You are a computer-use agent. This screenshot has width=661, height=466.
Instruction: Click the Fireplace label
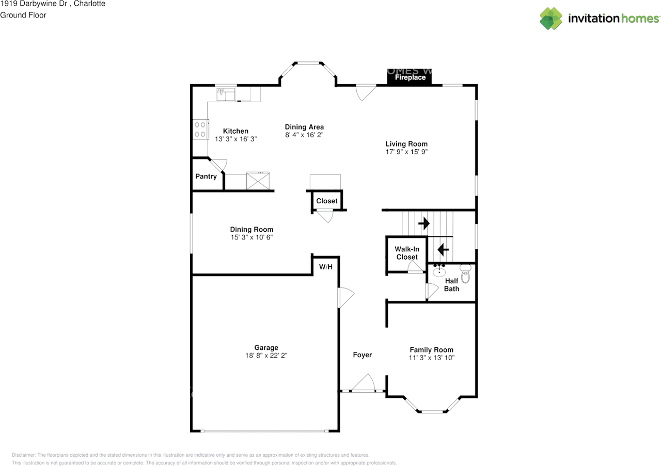coord(410,77)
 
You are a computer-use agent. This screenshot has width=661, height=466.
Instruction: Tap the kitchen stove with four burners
coord(201,129)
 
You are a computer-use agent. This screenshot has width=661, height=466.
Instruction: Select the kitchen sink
coord(226,94)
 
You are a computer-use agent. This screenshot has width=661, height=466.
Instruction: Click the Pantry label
coord(206,176)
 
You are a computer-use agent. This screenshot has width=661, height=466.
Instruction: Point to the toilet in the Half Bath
coord(465,274)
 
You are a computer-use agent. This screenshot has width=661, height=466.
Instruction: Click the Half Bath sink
coord(439,270)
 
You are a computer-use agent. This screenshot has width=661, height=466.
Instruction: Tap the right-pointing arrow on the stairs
coord(424,223)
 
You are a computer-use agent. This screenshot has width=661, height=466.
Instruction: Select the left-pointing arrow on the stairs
coord(443,250)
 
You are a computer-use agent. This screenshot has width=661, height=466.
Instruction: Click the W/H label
coord(326,267)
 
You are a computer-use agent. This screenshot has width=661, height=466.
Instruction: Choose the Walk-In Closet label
coord(407,253)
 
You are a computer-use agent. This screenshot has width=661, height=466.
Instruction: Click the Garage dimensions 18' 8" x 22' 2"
coord(266,356)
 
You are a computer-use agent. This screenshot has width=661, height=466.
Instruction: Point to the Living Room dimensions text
coord(406,152)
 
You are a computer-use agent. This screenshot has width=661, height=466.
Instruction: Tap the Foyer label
coord(363,355)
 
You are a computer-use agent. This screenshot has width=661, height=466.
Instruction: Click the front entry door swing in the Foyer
coord(363,383)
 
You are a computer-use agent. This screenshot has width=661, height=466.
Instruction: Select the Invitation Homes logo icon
coord(551,19)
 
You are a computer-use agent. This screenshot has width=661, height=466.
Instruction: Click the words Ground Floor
coord(23,15)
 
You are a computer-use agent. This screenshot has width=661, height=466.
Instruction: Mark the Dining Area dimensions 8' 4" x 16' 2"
coord(304,135)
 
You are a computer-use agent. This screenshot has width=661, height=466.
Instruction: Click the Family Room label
coord(431,350)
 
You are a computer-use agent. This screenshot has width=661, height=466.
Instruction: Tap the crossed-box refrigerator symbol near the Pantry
coord(258,181)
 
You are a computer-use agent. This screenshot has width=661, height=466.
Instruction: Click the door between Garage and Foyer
coord(345,298)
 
